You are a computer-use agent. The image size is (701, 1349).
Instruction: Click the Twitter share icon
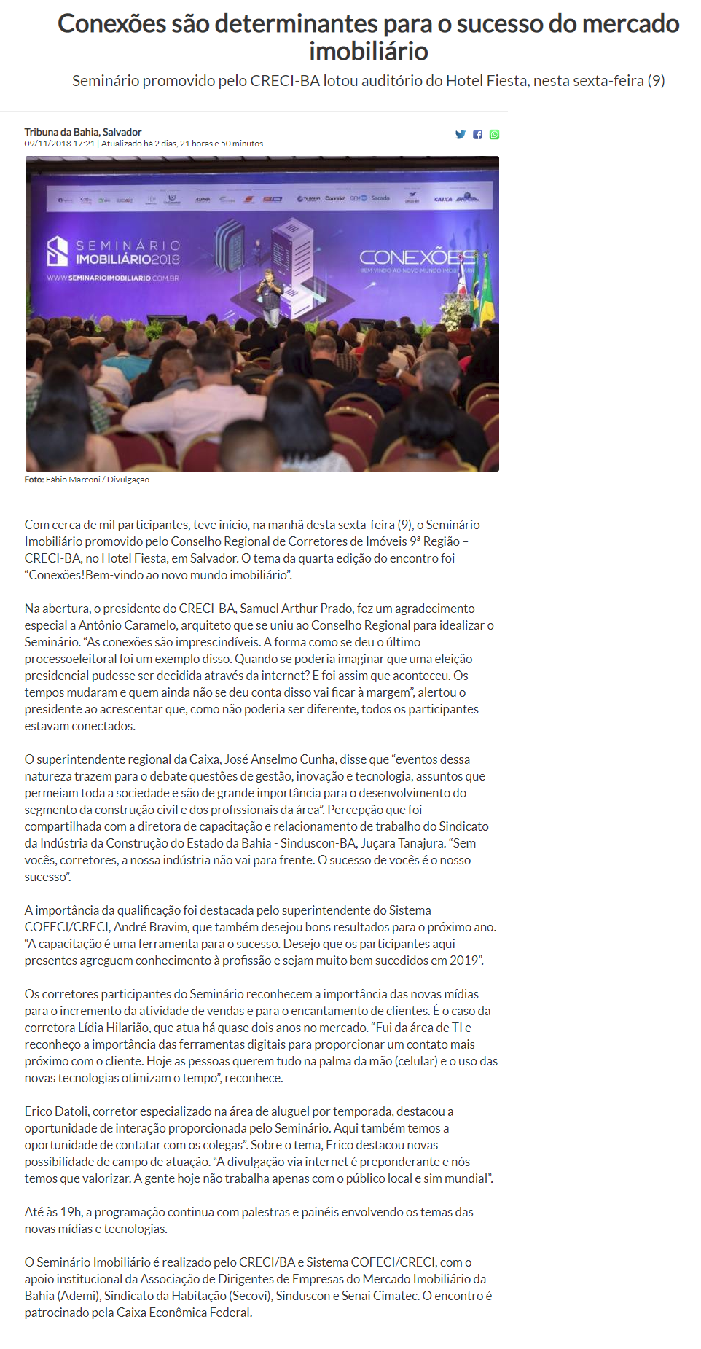point(460,135)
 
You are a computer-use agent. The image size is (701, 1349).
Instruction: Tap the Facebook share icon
point(477,135)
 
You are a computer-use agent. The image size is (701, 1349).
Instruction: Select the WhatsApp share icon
point(495,135)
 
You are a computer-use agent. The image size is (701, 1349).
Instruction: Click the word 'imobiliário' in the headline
point(368,52)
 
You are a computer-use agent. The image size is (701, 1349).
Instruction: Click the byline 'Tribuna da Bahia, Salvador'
point(82,132)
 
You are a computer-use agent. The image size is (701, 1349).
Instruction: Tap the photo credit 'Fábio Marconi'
point(73,480)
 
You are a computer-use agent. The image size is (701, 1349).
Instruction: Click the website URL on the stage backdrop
point(113,278)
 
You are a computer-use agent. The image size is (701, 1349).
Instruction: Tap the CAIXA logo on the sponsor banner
point(443,198)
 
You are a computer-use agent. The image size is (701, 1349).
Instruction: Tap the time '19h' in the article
point(71,1212)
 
